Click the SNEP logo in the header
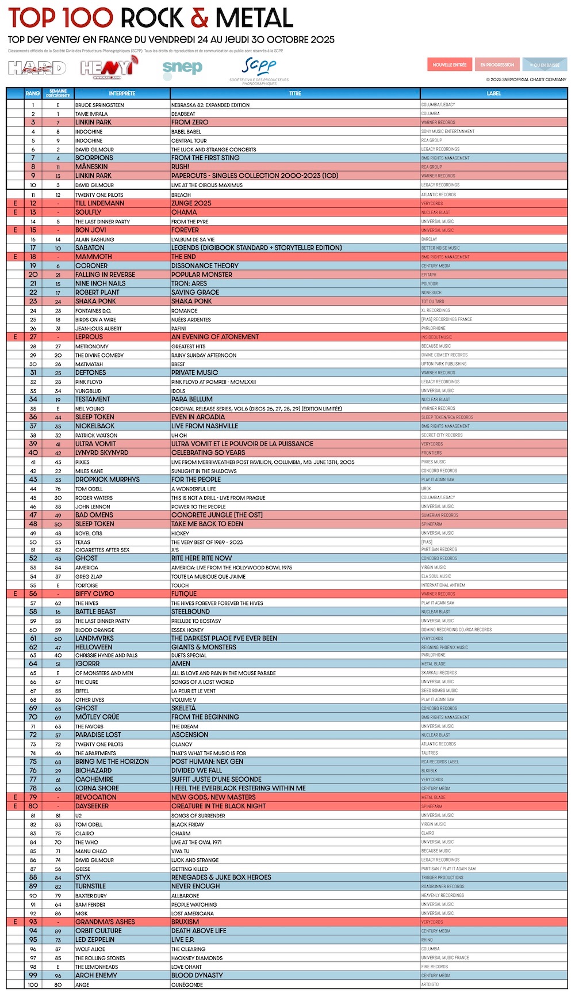point(182,68)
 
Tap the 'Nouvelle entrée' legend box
point(450,64)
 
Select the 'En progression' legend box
point(497,64)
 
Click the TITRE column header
point(295,93)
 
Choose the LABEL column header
point(493,93)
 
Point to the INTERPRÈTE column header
point(122,93)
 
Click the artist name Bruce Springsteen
point(99,105)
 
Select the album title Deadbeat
point(183,114)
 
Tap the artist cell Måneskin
point(92,167)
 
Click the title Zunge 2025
point(191,203)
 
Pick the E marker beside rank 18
point(16,257)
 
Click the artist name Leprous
point(89,337)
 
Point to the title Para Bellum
point(191,399)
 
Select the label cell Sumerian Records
point(440,515)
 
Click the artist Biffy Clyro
point(95,593)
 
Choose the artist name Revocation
point(95,797)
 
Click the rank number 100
point(33,984)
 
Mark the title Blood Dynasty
point(197,975)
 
